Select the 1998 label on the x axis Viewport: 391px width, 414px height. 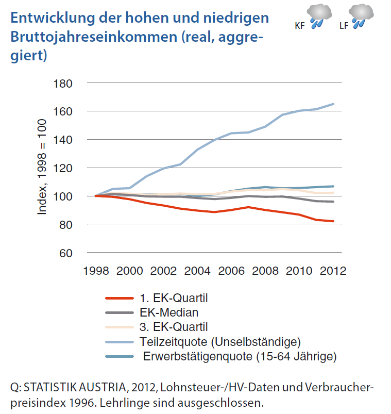tap(96, 271)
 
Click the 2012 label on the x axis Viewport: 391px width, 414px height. tap(333, 271)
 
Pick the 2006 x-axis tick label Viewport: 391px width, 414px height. tap(231, 271)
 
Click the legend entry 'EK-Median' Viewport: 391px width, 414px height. tap(168, 312)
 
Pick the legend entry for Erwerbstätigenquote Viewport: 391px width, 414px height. tap(240, 356)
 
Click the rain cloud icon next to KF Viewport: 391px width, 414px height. tap(320, 15)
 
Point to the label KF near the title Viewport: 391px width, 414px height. tap(299, 25)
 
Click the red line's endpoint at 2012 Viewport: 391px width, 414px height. tap(333, 221)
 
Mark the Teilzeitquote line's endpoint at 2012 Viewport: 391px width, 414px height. tap(333, 104)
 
